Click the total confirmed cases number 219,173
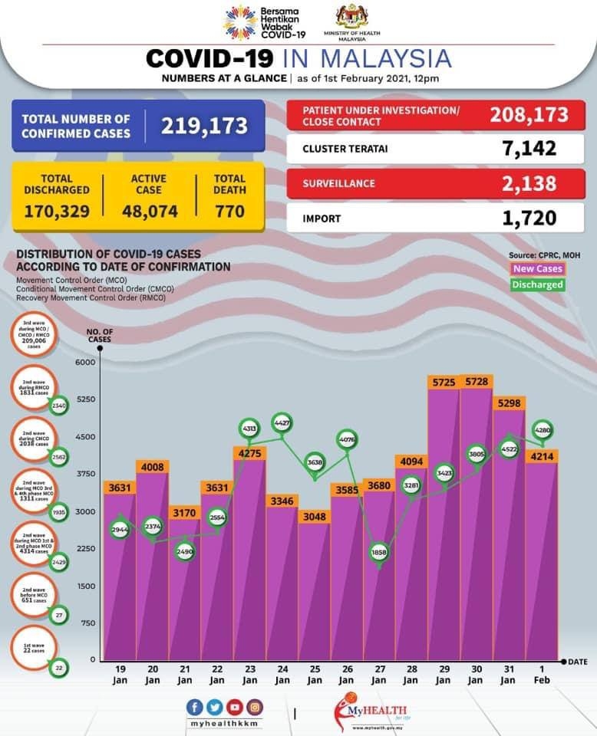[x=204, y=126]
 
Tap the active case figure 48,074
[x=149, y=211]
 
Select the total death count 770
[x=229, y=211]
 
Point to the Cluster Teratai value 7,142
[x=529, y=148]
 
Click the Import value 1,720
[x=529, y=219]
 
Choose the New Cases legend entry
[x=537, y=269]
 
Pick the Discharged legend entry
[x=537, y=285]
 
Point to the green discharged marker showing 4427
[x=282, y=422]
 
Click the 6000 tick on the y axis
[x=84, y=363]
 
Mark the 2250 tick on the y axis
[x=84, y=548]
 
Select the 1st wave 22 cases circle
[x=32, y=649]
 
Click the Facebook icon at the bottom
[x=195, y=707]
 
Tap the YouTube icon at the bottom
[x=234, y=707]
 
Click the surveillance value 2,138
[x=529, y=183]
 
